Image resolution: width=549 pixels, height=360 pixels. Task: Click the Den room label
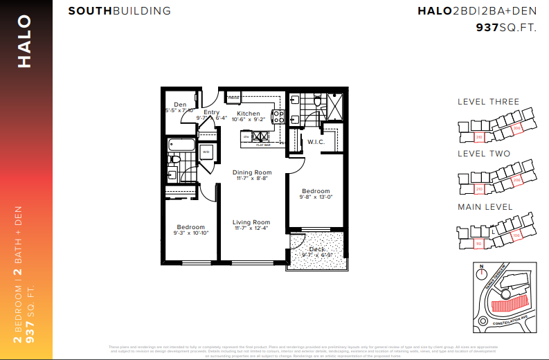pos(180,105)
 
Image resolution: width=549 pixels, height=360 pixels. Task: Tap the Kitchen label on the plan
pos(248,114)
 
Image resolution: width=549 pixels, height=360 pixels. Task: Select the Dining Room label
pos(251,172)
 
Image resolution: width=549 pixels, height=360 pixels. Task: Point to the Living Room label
pos(251,222)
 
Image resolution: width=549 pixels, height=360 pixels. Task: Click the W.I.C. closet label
pos(316,143)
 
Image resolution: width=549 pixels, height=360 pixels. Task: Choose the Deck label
pos(316,249)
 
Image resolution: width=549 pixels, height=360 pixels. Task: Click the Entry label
pos(211,112)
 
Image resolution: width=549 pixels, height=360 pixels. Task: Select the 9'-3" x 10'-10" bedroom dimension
pos(190,233)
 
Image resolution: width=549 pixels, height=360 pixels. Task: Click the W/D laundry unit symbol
pos(206,151)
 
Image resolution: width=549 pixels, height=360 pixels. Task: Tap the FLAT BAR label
pos(262,145)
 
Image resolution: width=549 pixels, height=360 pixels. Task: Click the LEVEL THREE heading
pos(488,102)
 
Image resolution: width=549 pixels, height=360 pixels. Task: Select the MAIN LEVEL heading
pos(485,207)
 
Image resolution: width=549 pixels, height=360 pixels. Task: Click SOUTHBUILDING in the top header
pos(119,12)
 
